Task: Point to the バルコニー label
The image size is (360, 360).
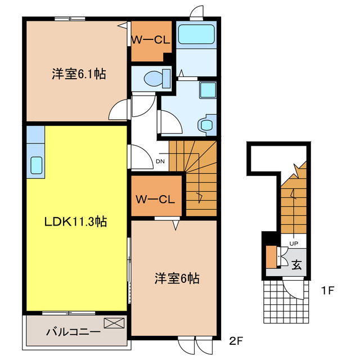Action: (x=73, y=332)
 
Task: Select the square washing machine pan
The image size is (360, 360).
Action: (x=208, y=91)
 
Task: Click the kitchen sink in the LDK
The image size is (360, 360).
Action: (x=36, y=165)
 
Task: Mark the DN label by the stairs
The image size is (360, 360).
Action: (x=160, y=161)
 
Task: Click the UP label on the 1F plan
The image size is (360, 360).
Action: (x=293, y=243)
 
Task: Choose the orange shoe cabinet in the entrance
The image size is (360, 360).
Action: (x=272, y=258)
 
